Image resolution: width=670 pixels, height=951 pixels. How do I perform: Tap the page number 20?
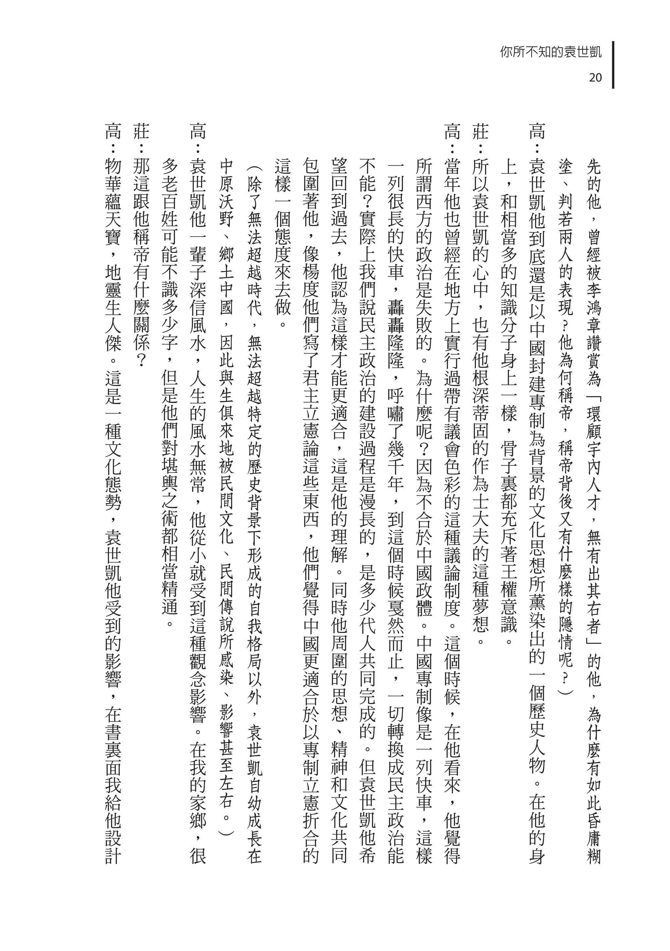coord(595,78)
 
